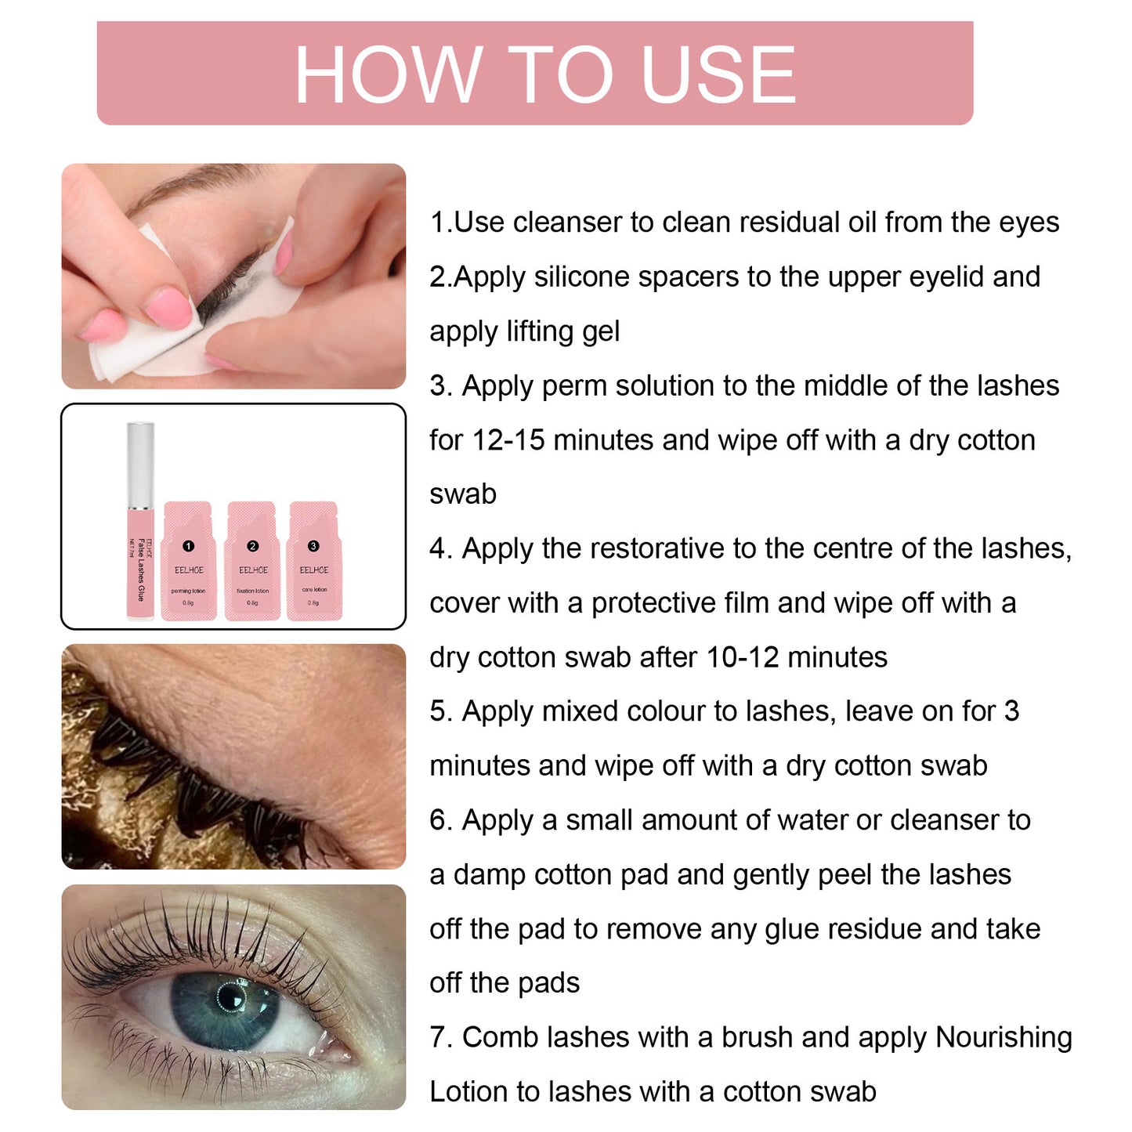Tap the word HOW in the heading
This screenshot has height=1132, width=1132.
point(388,74)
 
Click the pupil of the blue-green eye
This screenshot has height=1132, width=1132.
point(231,998)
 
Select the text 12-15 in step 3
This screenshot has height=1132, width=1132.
point(508,440)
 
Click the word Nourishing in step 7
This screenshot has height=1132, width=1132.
point(1004,1037)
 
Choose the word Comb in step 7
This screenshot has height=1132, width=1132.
point(500,1037)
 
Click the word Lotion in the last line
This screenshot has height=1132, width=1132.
point(469,1092)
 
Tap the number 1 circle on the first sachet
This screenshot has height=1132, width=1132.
point(188,546)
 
